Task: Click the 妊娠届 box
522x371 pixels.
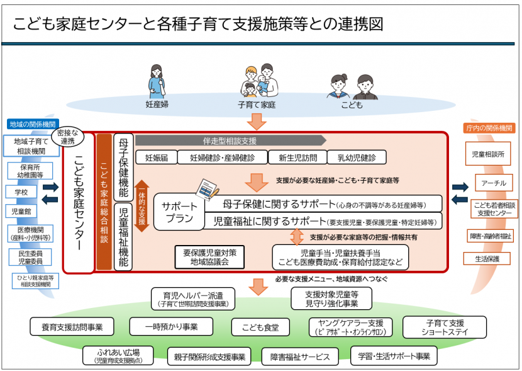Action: coord(156,157)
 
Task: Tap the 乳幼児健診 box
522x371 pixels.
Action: coord(357,157)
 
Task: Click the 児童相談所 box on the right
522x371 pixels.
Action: coord(487,153)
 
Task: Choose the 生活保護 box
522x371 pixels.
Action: coord(487,258)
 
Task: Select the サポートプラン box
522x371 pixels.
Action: coord(179,212)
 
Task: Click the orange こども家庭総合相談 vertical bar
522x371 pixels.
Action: coord(104,202)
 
